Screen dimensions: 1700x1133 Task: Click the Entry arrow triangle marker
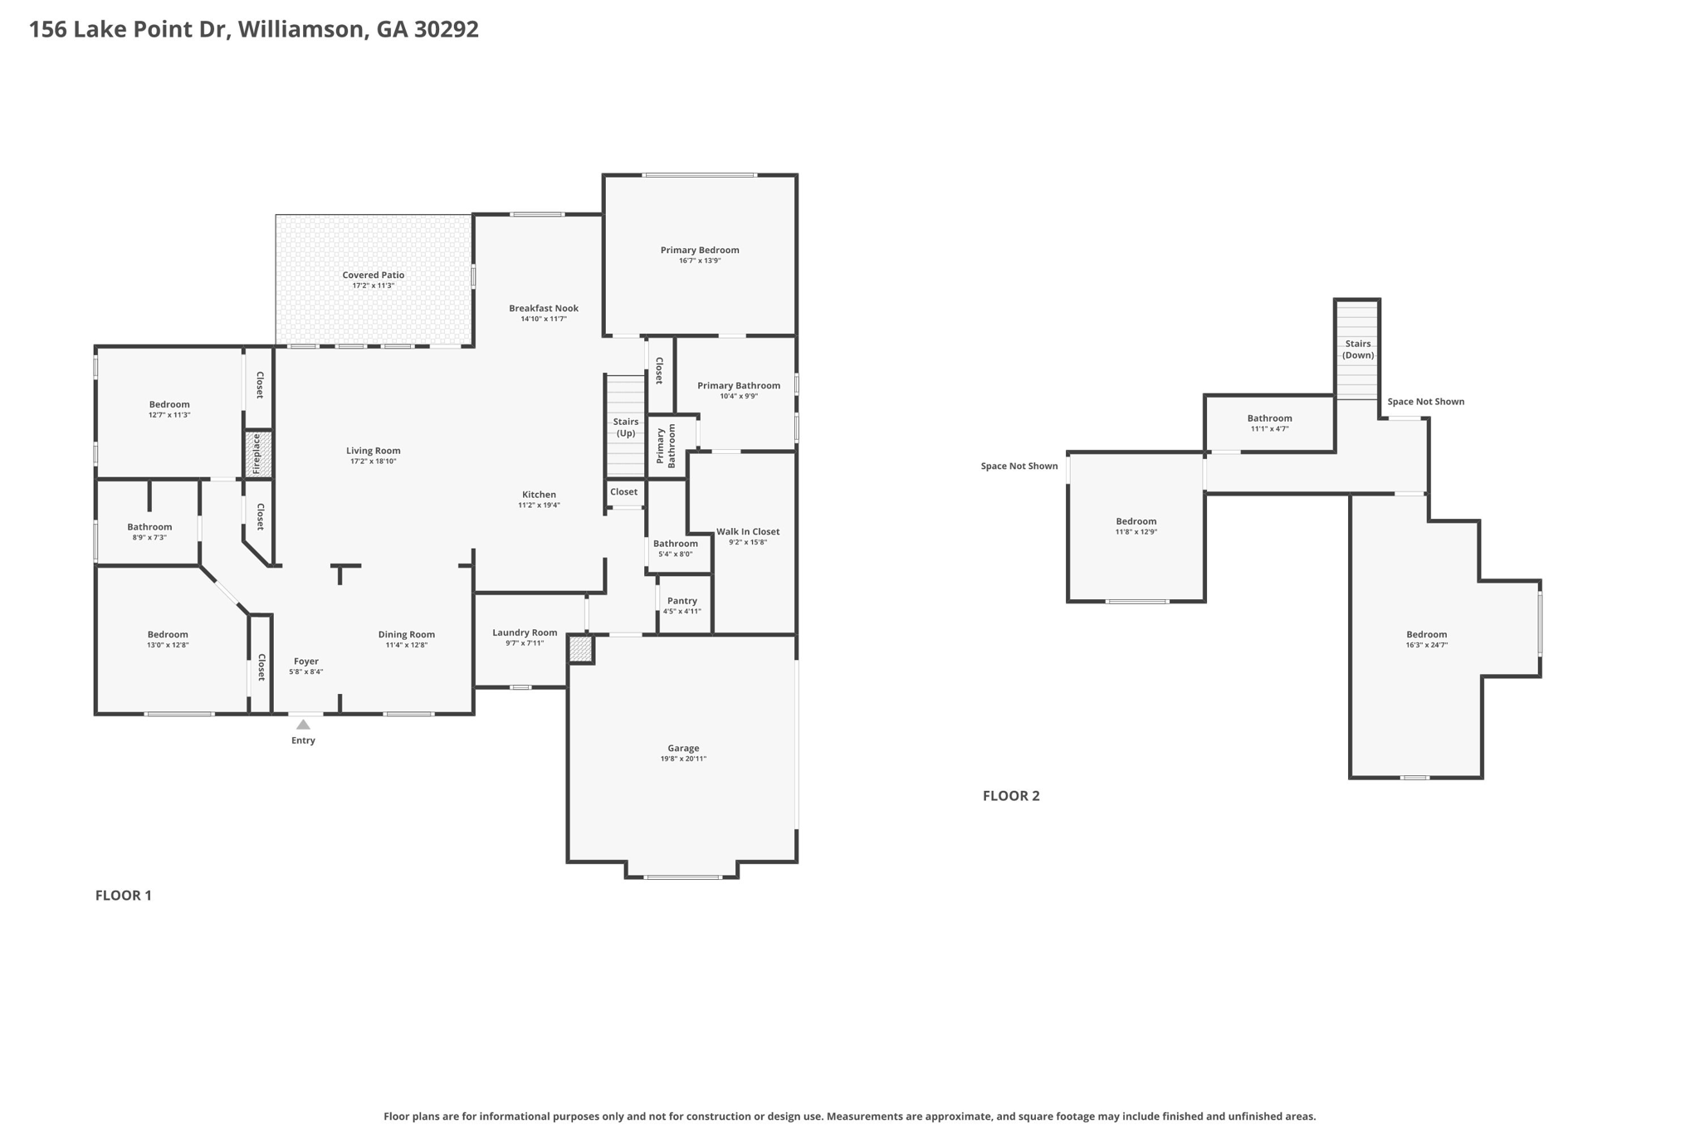303,725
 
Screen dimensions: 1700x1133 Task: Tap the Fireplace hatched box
258,454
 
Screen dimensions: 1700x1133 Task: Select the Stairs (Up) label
626,427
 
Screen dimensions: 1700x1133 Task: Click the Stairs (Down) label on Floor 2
1358,349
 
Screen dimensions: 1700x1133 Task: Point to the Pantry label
682,601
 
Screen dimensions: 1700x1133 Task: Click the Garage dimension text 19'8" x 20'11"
683,759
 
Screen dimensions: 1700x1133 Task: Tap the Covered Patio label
374,275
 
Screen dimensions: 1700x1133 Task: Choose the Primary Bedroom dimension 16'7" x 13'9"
700,261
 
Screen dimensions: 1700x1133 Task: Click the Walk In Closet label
748,531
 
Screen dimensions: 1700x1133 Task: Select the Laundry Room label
525,632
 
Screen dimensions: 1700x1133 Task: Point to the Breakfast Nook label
544,308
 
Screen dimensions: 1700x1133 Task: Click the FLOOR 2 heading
1011,795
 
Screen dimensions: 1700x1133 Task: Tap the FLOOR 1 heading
124,895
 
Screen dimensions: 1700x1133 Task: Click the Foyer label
306,662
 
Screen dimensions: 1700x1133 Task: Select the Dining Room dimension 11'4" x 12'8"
407,645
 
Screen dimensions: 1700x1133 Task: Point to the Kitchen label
539,495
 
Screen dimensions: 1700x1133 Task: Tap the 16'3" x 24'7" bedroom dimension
1427,645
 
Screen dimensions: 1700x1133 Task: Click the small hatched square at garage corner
580,648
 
